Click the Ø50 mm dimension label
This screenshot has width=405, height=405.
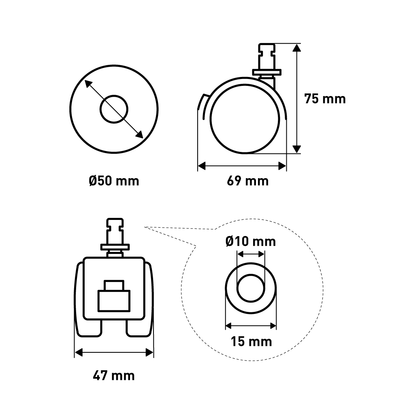[114, 181]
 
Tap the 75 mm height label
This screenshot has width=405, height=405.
[325, 99]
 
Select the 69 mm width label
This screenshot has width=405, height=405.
[248, 181]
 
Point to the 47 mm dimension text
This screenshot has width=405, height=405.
[114, 375]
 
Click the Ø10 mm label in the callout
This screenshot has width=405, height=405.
[251, 241]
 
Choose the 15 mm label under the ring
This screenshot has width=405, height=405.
[252, 341]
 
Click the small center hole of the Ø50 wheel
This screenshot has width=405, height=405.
[114, 109]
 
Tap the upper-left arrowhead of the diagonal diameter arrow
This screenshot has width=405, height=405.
[88, 84]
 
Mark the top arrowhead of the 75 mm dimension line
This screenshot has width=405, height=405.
[297, 47]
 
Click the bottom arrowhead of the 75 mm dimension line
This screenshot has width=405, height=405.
[297, 149]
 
